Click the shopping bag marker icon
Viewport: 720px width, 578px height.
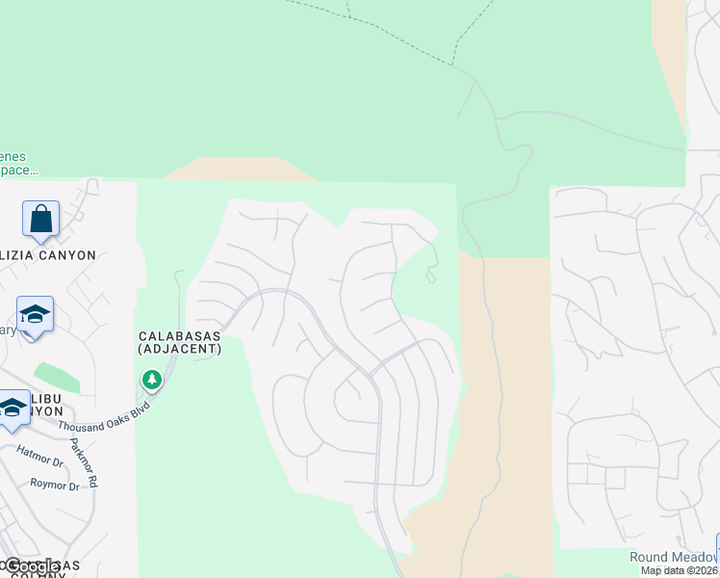(x=41, y=220)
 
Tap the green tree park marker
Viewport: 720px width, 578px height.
(x=151, y=381)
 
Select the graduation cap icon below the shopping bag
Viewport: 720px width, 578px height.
(x=35, y=315)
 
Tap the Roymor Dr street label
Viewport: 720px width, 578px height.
(x=54, y=485)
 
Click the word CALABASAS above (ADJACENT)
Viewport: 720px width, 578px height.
(x=180, y=335)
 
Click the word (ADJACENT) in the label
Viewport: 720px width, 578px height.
(x=180, y=349)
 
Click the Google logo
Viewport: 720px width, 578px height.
(x=33, y=567)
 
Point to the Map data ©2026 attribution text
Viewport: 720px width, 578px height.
(x=680, y=570)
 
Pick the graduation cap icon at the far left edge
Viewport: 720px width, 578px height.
(x=13, y=407)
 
